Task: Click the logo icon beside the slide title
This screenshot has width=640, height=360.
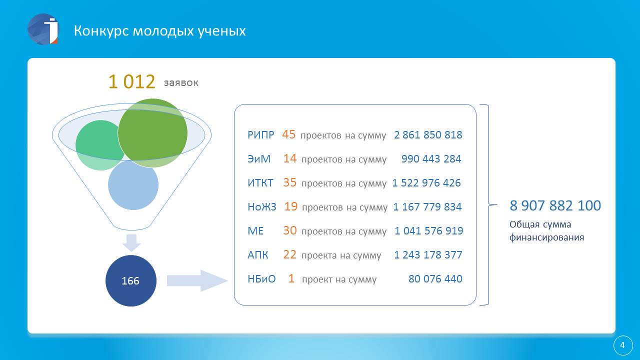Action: coord(43,29)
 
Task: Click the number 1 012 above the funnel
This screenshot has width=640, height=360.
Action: coord(131,81)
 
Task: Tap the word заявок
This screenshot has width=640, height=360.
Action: coord(181,83)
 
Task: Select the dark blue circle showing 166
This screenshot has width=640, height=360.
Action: coord(131,280)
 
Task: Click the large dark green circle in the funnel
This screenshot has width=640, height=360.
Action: coord(152,133)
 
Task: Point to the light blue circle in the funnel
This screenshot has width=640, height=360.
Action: coord(133,185)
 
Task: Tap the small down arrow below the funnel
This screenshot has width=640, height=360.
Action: coord(131,243)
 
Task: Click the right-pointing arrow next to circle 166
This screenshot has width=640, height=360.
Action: coord(197,280)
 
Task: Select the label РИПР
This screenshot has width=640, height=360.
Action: coord(260,135)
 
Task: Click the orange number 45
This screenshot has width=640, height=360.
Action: coord(288,134)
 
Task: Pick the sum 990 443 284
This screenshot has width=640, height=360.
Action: coord(431,159)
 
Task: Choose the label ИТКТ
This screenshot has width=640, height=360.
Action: coord(260,183)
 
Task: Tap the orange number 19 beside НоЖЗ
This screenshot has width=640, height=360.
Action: coord(291,206)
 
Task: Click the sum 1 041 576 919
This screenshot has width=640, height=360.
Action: coord(429,231)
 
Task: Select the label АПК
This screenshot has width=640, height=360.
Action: coord(257,255)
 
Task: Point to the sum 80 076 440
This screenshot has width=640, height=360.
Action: coord(435,279)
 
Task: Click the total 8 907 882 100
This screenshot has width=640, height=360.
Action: coord(555,205)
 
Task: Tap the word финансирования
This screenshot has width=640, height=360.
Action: coord(546,237)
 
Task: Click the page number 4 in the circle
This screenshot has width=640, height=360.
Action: coord(623,345)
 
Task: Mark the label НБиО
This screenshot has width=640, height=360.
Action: coord(261,279)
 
